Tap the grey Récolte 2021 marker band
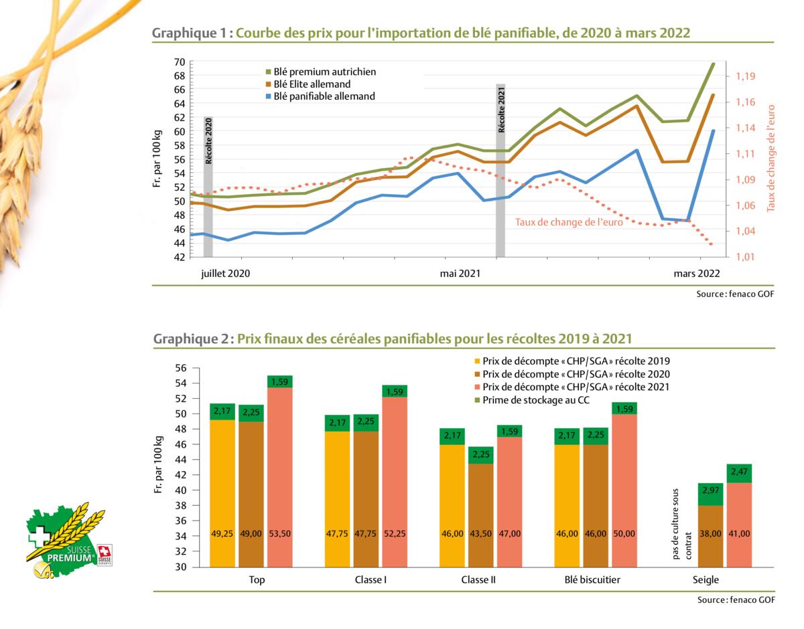click(500, 171)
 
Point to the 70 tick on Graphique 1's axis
click(180, 62)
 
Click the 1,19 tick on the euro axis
click(746, 77)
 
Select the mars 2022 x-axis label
click(697, 273)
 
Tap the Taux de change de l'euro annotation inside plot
click(569, 222)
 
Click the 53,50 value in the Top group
click(280, 534)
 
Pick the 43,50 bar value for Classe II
click(480, 534)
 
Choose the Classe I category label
click(371, 580)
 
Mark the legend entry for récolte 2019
click(576, 361)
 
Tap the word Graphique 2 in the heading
click(190, 339)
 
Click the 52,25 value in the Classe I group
click(395, 534)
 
